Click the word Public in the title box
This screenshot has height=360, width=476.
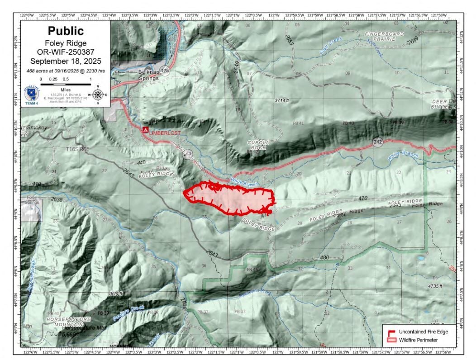click(66, 31)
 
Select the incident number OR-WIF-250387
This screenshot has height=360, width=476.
click(66, 52)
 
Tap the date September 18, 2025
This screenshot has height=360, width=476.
click(66, 61)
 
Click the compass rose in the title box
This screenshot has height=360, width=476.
click(98, 95)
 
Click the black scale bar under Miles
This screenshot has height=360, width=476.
click(66, 84)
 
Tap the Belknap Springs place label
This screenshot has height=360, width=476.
click(148, 75)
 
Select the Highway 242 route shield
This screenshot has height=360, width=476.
click(378, 142)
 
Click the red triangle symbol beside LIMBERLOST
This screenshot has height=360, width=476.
click(145, 130)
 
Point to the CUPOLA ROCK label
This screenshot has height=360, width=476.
click(258, 145)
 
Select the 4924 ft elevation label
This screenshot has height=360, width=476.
click(115, 294)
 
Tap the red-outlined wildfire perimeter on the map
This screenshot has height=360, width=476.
click(231, 199)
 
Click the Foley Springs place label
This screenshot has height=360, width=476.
click(32, 199)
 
